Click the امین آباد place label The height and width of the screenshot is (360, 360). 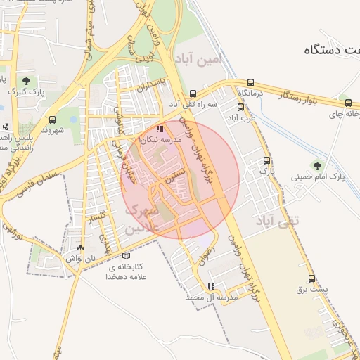coord(198,58)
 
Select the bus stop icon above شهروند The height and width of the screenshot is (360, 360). coord(52,120)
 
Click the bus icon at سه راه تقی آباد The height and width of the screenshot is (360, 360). coord(193,94)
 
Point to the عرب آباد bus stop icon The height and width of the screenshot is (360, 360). coord(240,108)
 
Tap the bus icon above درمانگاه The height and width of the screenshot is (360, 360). coord(251,82)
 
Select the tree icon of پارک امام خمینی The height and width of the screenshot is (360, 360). coord(317,166)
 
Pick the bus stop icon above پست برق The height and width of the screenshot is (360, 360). coord(311,278)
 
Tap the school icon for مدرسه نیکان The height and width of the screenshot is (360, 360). coord(160,129)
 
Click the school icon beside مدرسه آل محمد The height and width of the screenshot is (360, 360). coord(211,286)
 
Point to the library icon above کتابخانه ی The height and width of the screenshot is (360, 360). coord(126,256)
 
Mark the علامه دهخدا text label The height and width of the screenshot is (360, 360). coord(125,277)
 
